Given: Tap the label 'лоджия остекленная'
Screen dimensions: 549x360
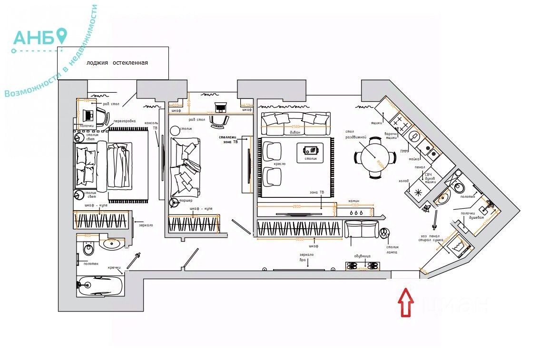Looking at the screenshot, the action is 117,63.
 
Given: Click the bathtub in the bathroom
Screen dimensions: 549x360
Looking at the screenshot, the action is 100,286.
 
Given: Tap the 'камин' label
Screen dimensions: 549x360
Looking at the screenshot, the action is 354,201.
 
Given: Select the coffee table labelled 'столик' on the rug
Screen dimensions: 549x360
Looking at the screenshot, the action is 310,153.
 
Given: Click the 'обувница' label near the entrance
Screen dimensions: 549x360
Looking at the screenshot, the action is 362,256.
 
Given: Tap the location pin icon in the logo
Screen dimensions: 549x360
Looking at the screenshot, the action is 61,36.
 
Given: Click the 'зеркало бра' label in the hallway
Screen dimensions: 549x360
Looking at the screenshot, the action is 307,257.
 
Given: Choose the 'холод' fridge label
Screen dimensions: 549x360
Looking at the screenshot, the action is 403,181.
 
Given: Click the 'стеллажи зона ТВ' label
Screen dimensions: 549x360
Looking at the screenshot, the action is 228,139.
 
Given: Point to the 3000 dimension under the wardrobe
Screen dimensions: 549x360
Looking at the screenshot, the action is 299,239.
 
